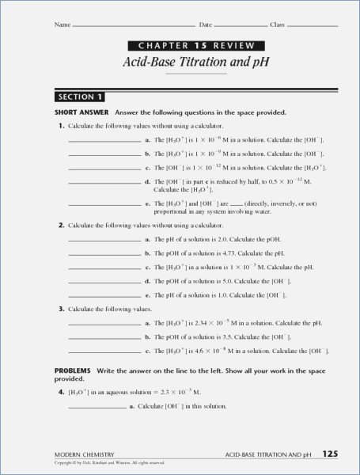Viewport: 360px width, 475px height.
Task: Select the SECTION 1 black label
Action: tap(79, 97)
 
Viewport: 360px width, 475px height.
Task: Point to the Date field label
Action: tap(206, 25)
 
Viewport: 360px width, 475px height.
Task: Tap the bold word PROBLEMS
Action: tap(72, 370)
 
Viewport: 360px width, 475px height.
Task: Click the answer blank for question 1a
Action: tap(104, 141)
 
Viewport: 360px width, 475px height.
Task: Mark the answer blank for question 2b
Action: tap(104, 254)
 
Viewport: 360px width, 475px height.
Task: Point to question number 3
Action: tap(60, 308)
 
